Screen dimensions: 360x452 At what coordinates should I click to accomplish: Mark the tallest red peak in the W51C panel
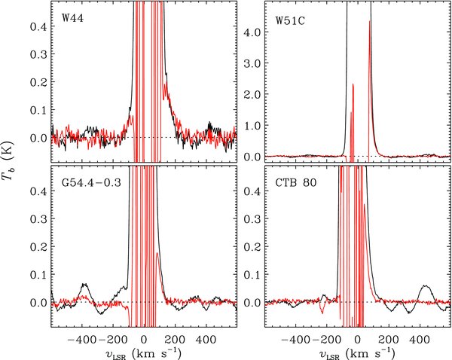coord(370,23)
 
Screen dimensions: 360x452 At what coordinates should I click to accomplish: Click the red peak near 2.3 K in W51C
coord(353,84)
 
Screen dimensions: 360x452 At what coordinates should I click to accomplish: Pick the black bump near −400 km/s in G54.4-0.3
coord(84,285)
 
